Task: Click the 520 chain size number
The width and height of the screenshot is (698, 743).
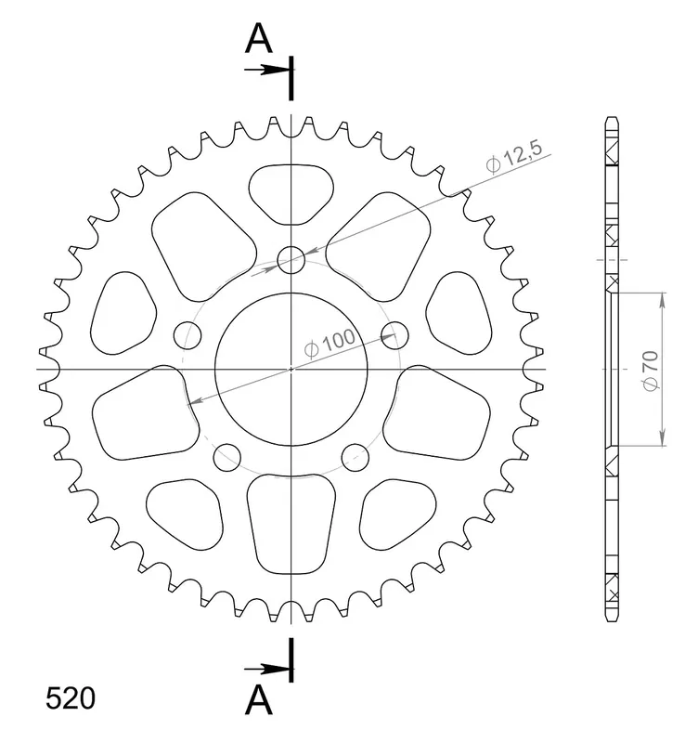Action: pyautogui.click(x=71, y=698)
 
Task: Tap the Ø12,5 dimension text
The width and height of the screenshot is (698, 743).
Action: pyautogui.click(x=514, y=157)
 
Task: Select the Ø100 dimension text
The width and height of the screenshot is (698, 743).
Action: pyautogui.click(x=330, y=343)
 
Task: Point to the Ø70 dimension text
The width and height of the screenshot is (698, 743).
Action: pyautogui.click(x=651, y=371)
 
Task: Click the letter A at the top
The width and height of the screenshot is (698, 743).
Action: pyautogui.click(x=259, y=38)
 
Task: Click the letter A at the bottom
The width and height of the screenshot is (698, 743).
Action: pyautogui.click(x=259, y=700)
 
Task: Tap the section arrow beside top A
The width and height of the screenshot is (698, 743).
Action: pyautogui.click(x=266, y=71)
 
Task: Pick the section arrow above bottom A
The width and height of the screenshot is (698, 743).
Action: pyautogui.click(x=266, y=669)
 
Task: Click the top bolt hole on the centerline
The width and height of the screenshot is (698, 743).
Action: pyautogui.click(x=291, y=260)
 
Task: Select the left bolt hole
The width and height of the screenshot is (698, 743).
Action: pyautogui.click(x=187, y=335)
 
